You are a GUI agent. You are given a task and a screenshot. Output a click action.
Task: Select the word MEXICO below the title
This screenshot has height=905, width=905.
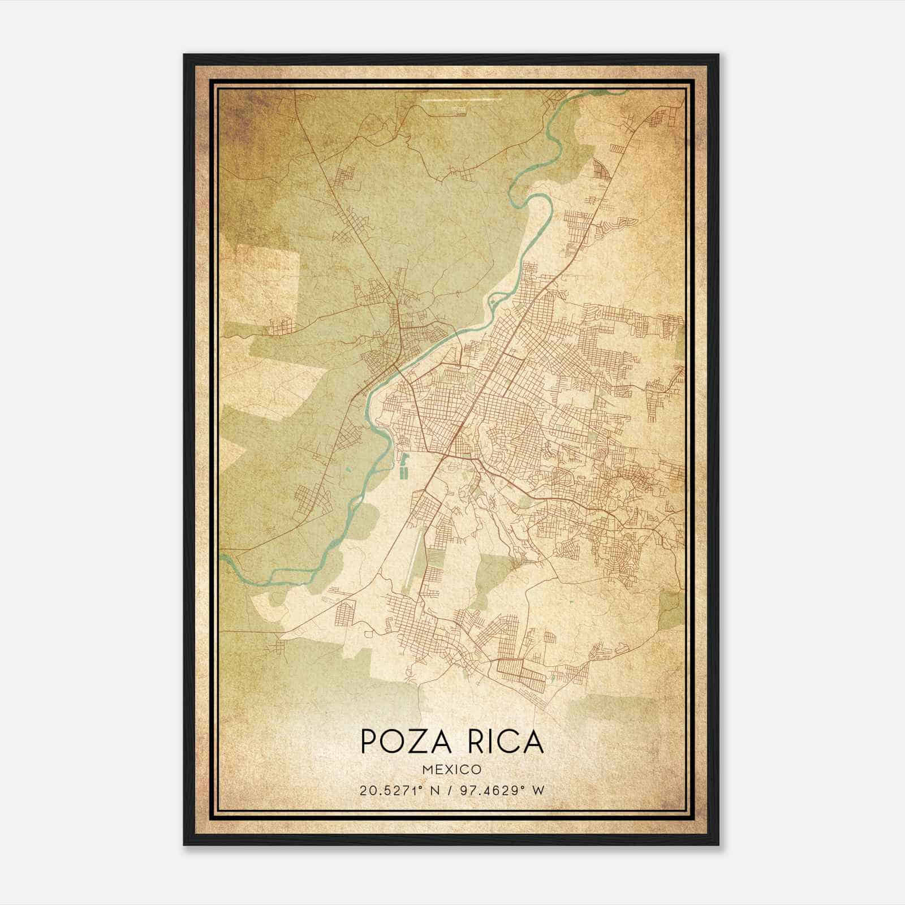451,770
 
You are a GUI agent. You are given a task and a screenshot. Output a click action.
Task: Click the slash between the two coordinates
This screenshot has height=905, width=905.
449,791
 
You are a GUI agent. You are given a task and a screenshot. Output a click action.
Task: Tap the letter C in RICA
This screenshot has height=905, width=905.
507,742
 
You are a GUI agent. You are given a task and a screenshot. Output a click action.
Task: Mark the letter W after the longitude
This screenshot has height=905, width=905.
539,791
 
